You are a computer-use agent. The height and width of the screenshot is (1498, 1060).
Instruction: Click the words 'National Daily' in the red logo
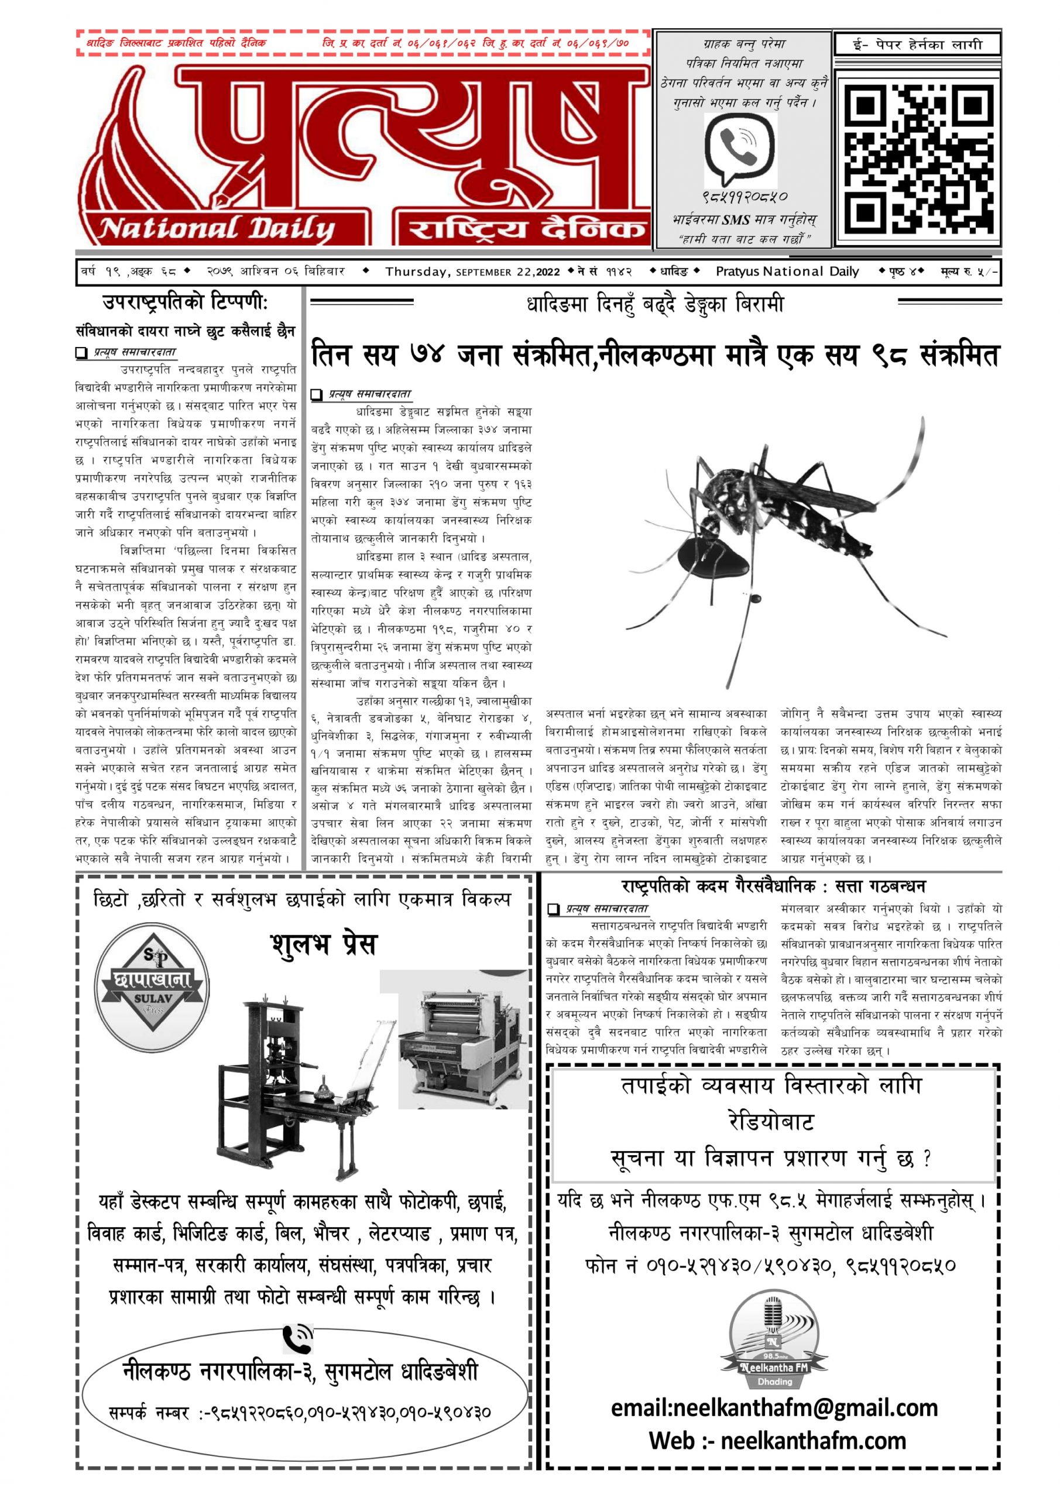point(216,229)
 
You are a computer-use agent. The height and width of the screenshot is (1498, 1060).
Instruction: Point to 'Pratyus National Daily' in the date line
point(787,272)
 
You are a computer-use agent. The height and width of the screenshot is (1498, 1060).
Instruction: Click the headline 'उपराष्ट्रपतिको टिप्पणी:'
point(186,303)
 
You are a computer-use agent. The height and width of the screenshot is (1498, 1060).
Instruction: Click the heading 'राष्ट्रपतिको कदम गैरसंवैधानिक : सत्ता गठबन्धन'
point(773,886)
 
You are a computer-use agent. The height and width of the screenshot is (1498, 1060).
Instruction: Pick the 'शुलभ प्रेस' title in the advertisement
point(324,944)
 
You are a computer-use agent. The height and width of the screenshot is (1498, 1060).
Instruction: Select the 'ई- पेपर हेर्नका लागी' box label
point(917,45)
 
